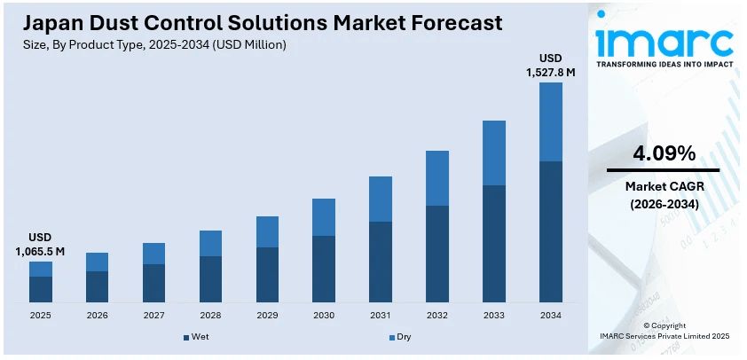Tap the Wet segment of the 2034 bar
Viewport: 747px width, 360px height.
(551, 231)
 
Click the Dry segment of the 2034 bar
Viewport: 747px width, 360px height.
(551, 121)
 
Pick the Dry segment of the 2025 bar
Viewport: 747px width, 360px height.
(40, 269)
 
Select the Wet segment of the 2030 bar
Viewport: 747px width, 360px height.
(324, 269)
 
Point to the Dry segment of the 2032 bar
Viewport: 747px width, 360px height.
(437, 178)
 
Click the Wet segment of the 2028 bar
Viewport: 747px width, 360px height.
(210, 279)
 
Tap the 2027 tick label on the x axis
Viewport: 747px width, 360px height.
(153, 315)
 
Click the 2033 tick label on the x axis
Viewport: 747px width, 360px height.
(494, 315)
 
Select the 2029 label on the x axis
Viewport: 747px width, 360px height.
(267, 315)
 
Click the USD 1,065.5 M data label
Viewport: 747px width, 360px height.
(40, 245)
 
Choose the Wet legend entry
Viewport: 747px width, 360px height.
(197, 337)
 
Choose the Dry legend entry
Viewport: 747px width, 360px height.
(399, 337)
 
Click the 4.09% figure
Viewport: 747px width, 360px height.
(663, 153)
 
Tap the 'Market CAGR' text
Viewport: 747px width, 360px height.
(663, 186)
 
